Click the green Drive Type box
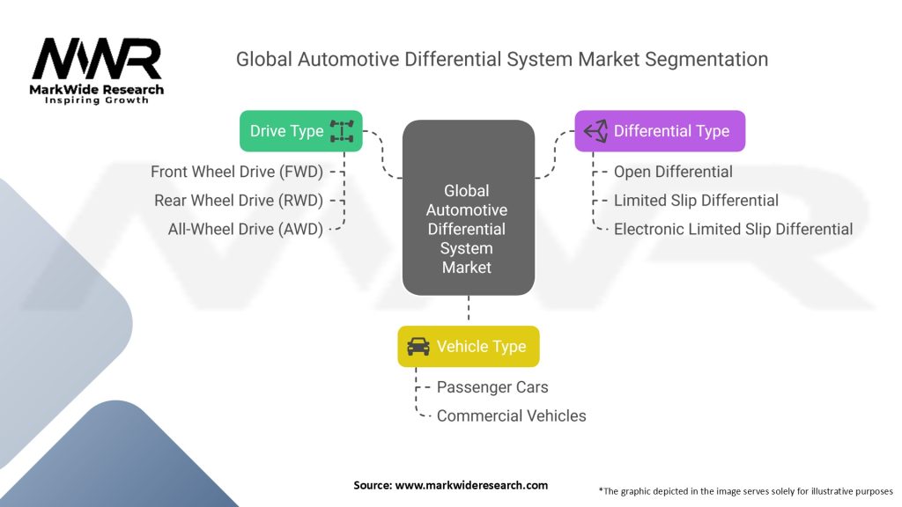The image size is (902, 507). (301, 131)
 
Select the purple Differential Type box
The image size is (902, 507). (660, 131)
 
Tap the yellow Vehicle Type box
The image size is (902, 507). (469, 346)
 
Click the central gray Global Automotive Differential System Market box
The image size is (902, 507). (469, 208)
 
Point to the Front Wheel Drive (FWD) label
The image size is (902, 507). (236, 172)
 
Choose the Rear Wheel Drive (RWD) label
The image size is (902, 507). (239, 201)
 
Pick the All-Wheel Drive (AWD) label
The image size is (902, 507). (246, 230)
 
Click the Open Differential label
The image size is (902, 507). (673, 172)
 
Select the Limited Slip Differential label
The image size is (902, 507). (696, 201)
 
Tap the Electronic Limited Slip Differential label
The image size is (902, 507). (734, 230)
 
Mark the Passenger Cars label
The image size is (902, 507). (492, 387)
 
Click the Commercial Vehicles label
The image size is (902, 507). (512, 416)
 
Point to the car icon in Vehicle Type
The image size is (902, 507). (418, 347)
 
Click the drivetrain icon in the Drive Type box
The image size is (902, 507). (342, 131)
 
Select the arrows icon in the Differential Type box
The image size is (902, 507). (595, 131)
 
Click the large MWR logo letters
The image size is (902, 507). (97, 59)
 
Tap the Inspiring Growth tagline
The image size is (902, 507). (97, 100)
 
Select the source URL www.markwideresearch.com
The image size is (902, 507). (471, 485)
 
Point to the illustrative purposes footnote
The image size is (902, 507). (745, 491)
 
